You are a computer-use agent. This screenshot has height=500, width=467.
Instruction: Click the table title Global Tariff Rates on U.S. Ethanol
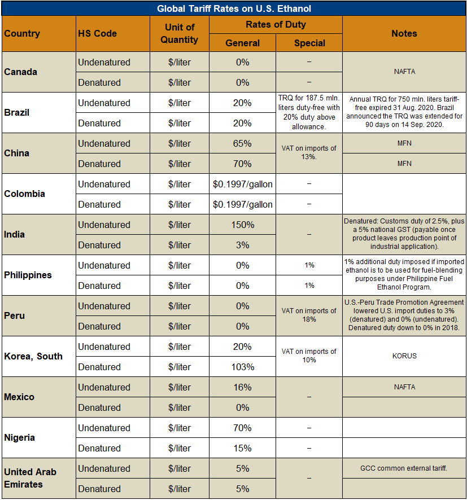pyautogui.click(x=233, y=8)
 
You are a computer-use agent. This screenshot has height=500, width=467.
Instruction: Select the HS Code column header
pyautogui.click(x=98, y=33)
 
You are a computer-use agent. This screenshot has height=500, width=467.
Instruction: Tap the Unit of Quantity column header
pyautogui.click(x=179, y=33)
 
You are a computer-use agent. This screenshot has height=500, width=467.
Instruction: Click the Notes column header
pyautogui.click(x=404, y=33)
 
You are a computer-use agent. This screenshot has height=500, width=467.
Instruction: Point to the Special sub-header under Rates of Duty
pyautogui.click(x=309, y=43)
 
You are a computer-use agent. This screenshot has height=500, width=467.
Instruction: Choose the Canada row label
pyautogui.click(x=21, y=72)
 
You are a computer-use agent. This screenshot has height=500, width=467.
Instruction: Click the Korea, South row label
pyautogui.click(x=33, y=356)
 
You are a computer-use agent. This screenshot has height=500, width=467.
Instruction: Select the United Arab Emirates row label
pyautogui.click(x=30, y=477)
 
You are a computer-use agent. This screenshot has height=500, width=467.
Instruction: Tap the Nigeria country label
pyautogui.click(x=20, y=437)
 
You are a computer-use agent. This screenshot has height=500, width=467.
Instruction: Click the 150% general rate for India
pyautogui.click(x=242, y=225)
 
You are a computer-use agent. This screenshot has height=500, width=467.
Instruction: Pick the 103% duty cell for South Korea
pyautogui.click(x=242, y=367)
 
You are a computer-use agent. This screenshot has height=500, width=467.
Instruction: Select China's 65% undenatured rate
pyautogui.click(x=242, y=143)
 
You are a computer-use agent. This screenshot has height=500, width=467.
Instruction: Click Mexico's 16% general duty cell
pyautogui.click(x=242, y=387)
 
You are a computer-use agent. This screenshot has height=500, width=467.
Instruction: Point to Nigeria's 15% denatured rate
pyautogui.click(x=242, y=448)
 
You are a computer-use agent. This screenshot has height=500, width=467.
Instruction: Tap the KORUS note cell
pyautogui.click(x=404, y=357)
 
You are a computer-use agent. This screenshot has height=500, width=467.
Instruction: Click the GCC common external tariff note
pyautogui.click(x=404, y=468)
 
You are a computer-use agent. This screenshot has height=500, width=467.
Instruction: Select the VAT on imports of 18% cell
pyautogui.click(x=309, y=315)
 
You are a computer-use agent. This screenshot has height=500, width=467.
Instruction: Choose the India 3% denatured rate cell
pyautogui.click(x=242, y=245)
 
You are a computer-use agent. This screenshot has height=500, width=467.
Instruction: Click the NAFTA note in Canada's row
pyautogui.click(x=404, y=72)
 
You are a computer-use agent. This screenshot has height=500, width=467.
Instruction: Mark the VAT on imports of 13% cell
pyautogui.click(x=309, y=152)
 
